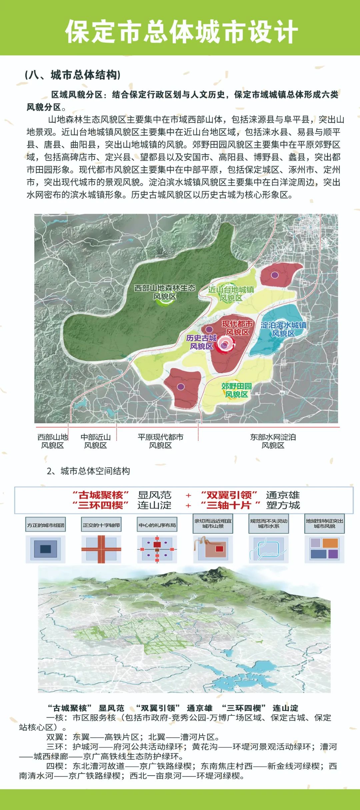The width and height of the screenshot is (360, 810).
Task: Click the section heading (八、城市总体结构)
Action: point(73,75)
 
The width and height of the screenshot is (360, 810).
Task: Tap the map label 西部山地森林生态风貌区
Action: point(165,292)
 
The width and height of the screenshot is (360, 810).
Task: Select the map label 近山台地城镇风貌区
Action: point(231,293)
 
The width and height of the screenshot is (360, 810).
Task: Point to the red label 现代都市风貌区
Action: point(237,328)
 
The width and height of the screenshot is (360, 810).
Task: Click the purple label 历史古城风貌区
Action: point(201,342)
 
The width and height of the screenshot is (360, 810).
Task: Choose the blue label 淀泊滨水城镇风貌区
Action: point(283,329)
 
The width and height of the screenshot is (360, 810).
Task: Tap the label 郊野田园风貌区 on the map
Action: point(236,390)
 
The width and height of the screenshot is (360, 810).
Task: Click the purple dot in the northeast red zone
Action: point(275,275)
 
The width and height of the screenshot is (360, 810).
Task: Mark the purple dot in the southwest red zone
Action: point(181,387)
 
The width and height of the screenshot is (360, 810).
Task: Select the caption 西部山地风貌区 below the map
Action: point(52,441)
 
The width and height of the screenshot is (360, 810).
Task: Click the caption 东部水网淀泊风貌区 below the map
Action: point(273,441)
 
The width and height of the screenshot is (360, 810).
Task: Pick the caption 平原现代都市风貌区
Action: point(160,441)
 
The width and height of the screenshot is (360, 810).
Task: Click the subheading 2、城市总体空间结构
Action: point(88,471)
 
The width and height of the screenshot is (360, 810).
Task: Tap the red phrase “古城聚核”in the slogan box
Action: point(101,495)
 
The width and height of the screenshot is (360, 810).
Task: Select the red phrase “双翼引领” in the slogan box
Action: point(229,495)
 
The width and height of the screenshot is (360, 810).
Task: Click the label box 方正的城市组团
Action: point(46,525)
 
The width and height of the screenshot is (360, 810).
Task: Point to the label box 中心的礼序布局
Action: point(157,525)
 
